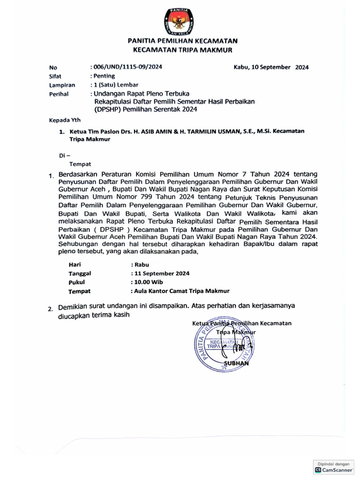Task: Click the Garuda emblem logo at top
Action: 180,22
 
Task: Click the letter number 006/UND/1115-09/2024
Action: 127,67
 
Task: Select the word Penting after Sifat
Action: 104,76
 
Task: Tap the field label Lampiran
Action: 62,85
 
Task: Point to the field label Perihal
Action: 59,94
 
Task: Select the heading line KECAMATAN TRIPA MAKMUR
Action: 180,50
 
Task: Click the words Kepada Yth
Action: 65,120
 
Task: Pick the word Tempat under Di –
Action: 80,164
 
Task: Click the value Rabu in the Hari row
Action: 141,264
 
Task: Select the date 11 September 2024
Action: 162,274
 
